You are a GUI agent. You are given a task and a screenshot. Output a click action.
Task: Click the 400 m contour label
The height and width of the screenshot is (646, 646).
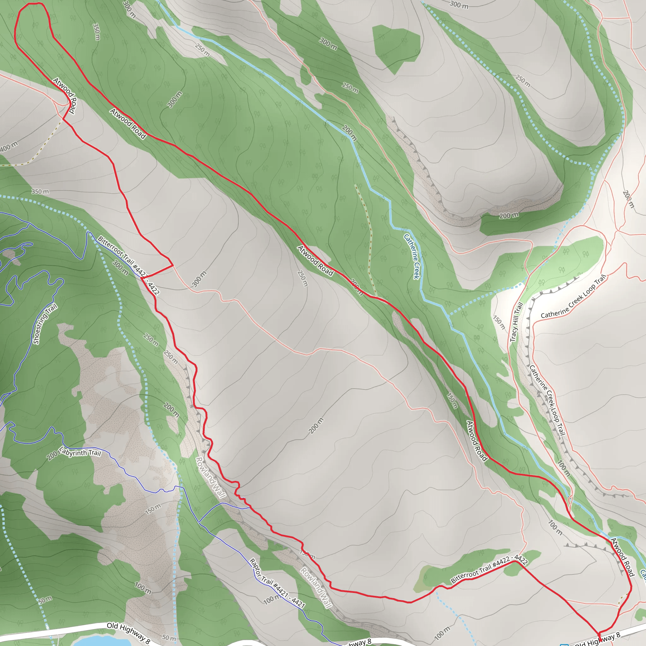pyautogui.click(x=9, y=146)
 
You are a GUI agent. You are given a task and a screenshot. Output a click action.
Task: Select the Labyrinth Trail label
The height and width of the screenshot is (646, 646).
pyautogui.click(x=80, y=453)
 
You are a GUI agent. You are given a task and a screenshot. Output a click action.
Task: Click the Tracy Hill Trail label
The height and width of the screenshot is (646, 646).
pyautogui.click(x=516, y=322)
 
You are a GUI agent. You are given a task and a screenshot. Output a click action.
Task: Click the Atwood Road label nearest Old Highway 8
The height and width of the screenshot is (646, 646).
pyautogui.click(x=622, y=557)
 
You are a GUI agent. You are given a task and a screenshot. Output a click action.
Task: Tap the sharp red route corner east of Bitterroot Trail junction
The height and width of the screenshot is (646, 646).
pyautogui.click(x=173, y=265)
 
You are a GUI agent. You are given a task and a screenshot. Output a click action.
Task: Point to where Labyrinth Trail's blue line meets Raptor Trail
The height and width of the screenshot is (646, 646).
pyautogui.click(x=199, y=522)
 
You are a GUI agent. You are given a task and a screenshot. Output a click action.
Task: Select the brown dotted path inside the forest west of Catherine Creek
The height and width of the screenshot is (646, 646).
pyautogui.click(x=368, y=241)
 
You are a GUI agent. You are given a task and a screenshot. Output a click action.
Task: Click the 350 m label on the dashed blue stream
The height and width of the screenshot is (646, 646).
pyautogui.click(x=40, y=191)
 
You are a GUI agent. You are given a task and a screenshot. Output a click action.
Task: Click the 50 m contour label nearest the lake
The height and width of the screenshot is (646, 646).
pyautogui.click(x=169, y=638)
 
